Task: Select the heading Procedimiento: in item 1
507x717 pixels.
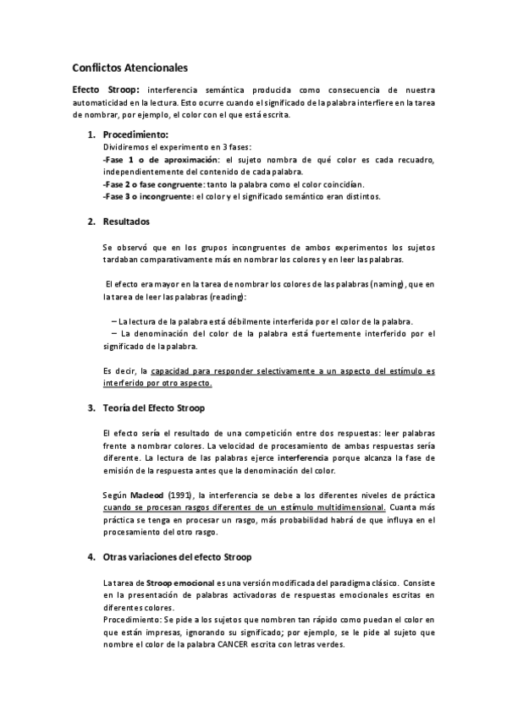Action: [x=135, y=134]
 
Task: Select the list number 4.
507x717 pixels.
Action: [x=91, y=557]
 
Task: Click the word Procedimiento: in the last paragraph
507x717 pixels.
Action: [x=130, y=620]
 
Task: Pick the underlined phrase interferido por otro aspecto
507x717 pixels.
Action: [x=157, y=383]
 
